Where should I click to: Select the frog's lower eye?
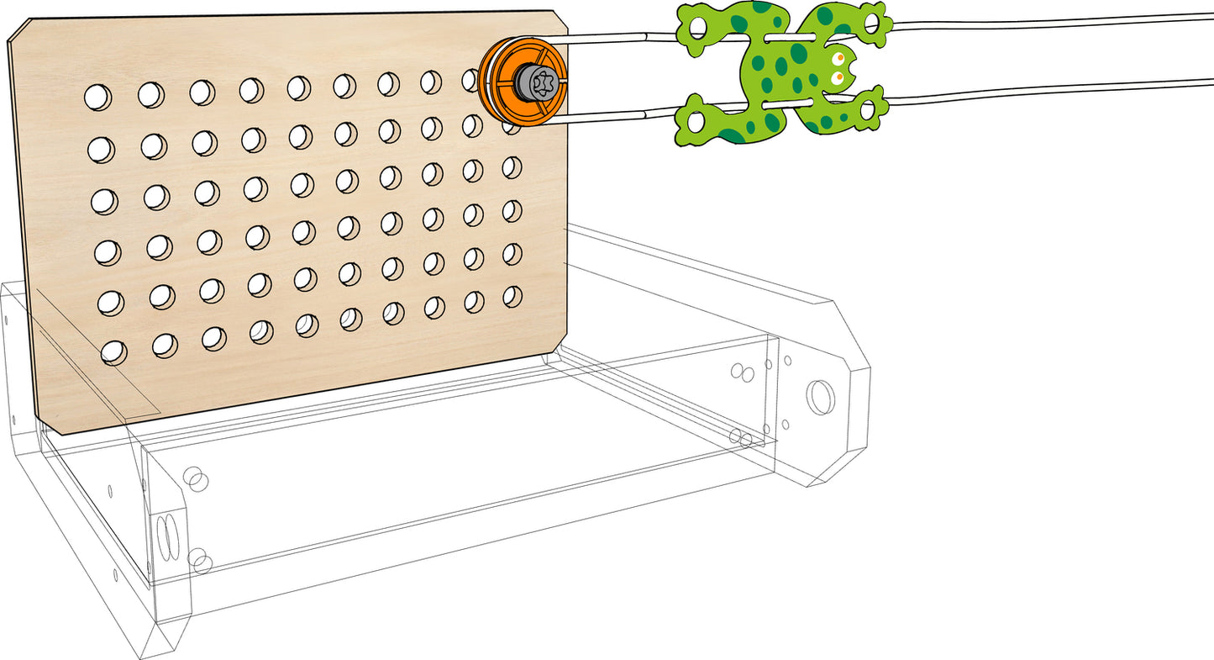838,77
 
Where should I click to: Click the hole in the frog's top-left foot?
697,27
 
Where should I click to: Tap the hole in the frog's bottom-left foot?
696,121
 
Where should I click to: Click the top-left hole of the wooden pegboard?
97,98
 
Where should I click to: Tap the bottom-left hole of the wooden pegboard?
113,352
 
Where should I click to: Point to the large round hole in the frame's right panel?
820,397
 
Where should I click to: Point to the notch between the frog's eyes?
850,66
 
